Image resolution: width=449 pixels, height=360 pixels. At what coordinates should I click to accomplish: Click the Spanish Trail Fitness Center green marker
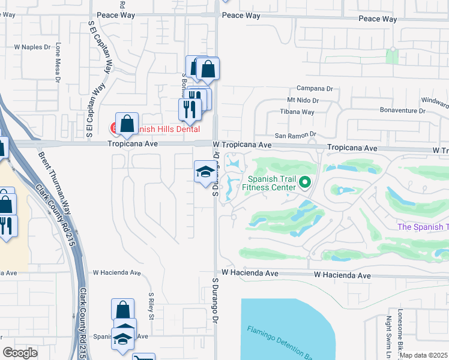[305, 181]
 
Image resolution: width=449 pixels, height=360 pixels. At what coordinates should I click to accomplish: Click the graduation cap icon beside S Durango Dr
[205, 172]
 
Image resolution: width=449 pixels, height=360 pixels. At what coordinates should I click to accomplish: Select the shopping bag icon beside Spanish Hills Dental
[127, 124]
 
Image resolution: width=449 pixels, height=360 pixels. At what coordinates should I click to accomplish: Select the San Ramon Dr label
[295, 136]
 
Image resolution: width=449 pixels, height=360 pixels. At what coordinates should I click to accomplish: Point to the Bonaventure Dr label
[403, 110]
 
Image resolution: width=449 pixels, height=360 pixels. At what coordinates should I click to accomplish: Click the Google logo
[20, 353]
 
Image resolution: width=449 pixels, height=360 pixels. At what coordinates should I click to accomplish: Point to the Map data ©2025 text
[424, 355]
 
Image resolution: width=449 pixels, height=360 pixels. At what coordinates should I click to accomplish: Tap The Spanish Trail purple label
[423, 227]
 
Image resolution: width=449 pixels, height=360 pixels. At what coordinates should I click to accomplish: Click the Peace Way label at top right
[378, 19]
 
